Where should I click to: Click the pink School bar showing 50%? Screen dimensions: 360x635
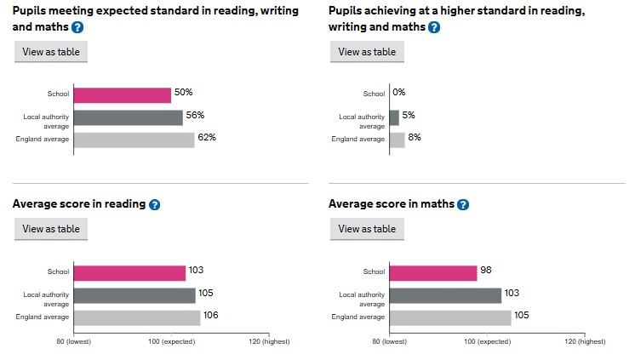pyautogui.click(x=122, y=94)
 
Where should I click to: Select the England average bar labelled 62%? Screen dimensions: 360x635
pyautogui.click(x=134, y=140)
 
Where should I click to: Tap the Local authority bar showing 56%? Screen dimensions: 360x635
pyautogui.click(x=128, y=117)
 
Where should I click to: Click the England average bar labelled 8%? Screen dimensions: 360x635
pyautogui.click(x=397, y=140)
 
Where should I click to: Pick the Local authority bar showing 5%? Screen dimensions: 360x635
pyautogui.click(x=394, y=117)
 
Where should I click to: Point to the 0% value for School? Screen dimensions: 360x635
pyautogui.click(x=399, y=93)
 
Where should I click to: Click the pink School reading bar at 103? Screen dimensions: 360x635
pyautogui.click(x=129, y=272)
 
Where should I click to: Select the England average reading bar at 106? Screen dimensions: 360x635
pyautogui.click(x=136, y=317)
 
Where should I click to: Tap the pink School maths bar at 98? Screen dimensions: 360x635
pyautogui.click(x=432, y=272)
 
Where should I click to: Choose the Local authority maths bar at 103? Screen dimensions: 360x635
pyautogui.click(x=445, y=295)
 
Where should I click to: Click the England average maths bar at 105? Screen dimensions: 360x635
pyautogui.click(x=450, y=317)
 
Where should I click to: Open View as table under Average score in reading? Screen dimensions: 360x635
pyautogui.click(x=51, y=229)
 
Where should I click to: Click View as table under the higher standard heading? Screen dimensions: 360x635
pyautogui.click(x=367, y=52)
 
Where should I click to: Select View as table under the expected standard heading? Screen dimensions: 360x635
pyautogui.click(x=51, y=52)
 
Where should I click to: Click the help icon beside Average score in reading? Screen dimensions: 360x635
pyautogui.click(x=155, y=205)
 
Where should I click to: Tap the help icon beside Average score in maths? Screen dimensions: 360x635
pyautogui.click(x=462, y=205)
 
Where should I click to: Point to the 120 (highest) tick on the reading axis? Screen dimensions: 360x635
pyautogui.click(x=270, y=341)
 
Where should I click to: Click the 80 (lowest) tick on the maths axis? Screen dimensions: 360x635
pyautogui.click(x=390, y=341)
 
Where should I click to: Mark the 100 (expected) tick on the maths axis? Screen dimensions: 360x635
pyautogui.click(x=488, y=341)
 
